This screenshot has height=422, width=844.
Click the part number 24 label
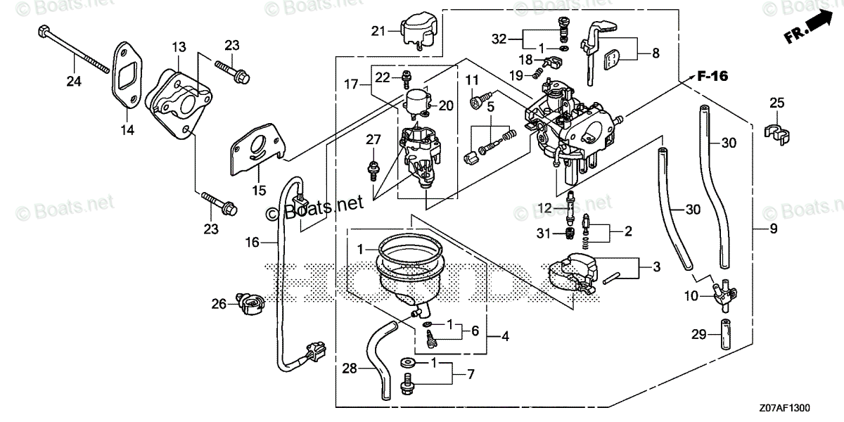(x=74, y=82)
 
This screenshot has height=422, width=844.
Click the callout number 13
(x=179, y=46)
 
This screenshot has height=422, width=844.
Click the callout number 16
(x=252, y=242)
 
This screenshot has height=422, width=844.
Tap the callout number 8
(x=656, y=52)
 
